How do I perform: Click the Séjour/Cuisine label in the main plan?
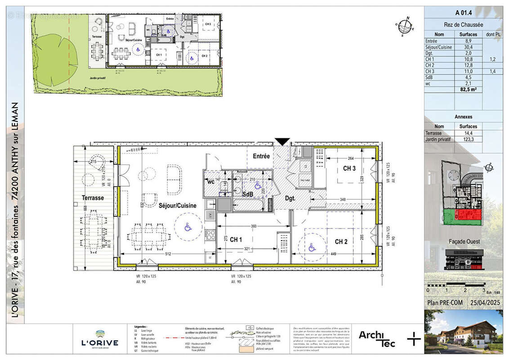point(177,205)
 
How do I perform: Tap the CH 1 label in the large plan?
point(236,240)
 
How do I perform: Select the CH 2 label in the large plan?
point(341,242)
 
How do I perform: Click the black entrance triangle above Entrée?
point(282,142)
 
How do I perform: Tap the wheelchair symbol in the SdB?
point(258,185)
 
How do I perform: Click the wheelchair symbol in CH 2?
point(311,247)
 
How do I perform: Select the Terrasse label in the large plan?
point(93,198)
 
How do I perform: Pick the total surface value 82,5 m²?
point(468,90)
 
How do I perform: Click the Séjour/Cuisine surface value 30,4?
point(468,47)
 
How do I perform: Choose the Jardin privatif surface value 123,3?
point(468,139)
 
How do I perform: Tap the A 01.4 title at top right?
point(464,13)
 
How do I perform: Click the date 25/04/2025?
point(485,303)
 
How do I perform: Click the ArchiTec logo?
point(377,339)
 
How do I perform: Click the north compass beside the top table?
point(406,26)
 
